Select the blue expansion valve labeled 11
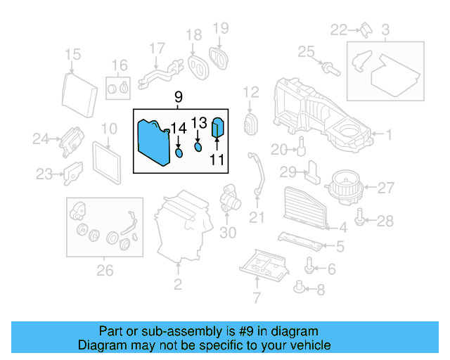217,129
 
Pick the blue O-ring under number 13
198,147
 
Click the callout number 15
73,55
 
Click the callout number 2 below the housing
177,285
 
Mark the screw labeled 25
328,68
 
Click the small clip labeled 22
366,29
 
